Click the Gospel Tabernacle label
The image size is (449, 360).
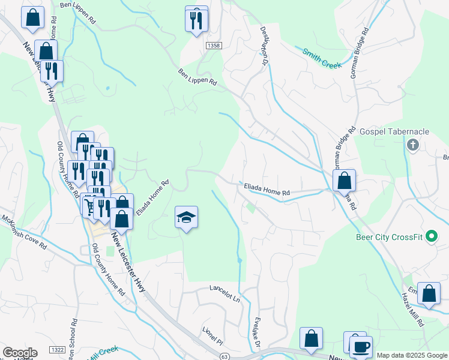tap(394, 131)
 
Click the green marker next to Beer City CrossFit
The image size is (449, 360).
tap(430, 236)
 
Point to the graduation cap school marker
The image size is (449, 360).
tap(186, 217)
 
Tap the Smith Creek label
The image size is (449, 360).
tap(322, 58)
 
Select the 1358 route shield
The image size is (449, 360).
tap(212, 46)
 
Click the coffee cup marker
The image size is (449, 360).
tap(361, 347)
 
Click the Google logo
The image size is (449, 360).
tap(20, 353)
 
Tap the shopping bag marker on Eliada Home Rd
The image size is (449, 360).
tap(344, 181)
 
